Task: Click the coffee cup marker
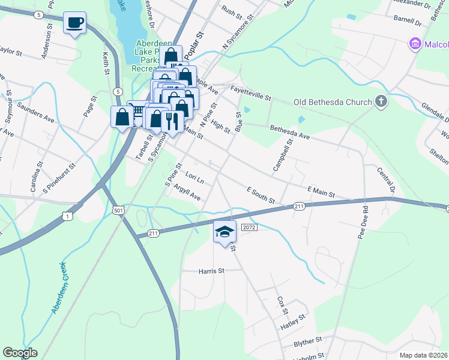(74, 23)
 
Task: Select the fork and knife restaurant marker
(172, 121)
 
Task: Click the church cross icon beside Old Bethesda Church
(381, 102)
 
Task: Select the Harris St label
(211, 271)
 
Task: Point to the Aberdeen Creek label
(61, 287)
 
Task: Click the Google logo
(20, 353)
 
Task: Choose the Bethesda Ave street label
(290, 133)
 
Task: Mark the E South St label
(261, 194)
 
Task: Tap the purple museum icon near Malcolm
(414, 44)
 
